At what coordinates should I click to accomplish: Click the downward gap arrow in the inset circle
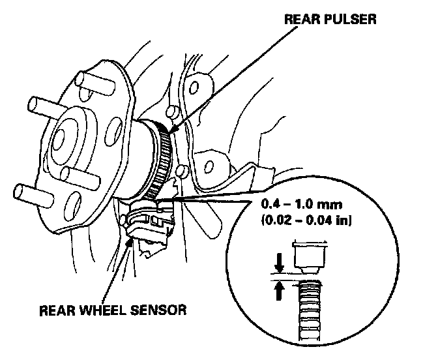point(279,265)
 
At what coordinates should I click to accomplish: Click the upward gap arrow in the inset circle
point(279,289)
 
